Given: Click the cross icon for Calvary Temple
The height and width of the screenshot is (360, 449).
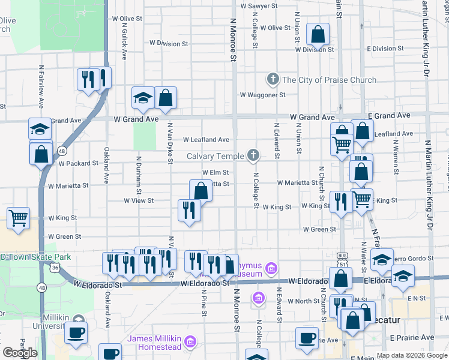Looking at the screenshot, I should [x=253, y=156].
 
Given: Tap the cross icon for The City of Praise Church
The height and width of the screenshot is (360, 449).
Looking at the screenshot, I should [x=273, y=80].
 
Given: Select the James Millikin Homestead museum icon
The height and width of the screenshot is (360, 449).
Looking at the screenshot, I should [x=190, y=342].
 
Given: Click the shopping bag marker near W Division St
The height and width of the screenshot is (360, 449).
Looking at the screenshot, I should [x=318, y=34].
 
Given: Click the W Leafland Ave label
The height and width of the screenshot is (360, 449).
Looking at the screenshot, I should [x=206, y=140].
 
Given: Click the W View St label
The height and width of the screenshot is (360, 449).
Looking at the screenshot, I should [x=139, y=200].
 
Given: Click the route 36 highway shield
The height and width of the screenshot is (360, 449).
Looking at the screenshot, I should [x=55, y=268].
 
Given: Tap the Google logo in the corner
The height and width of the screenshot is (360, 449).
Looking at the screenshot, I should [x=20, y=353].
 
